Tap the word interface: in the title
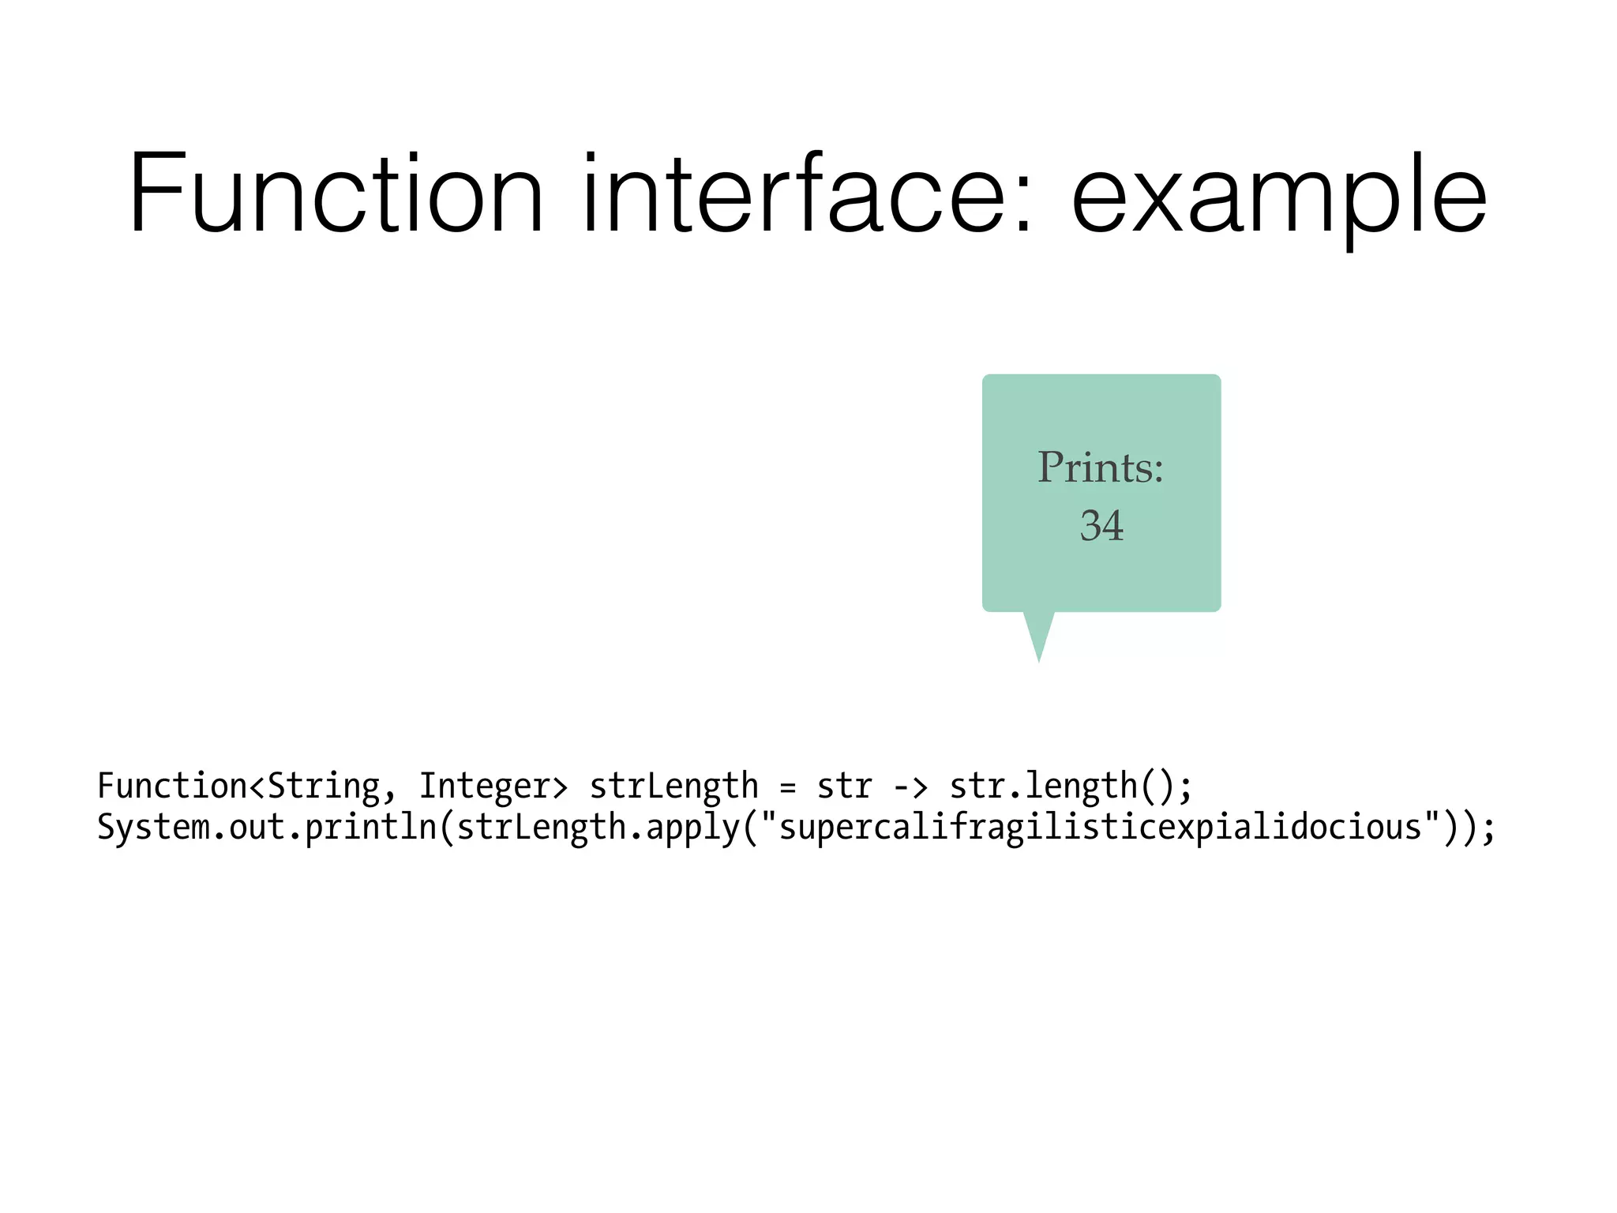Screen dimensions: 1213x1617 806,194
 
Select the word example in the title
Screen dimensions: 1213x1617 1278,197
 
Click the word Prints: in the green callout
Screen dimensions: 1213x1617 1100,468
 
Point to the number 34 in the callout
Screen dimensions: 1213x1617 1101,525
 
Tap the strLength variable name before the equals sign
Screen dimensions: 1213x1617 673,787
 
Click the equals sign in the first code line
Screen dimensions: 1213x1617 787,787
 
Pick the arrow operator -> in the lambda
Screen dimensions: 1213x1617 910,787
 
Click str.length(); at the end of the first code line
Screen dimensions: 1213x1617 1071,787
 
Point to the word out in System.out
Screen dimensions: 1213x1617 257,828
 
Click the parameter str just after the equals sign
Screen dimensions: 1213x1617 844,787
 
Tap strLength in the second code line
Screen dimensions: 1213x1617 542,828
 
